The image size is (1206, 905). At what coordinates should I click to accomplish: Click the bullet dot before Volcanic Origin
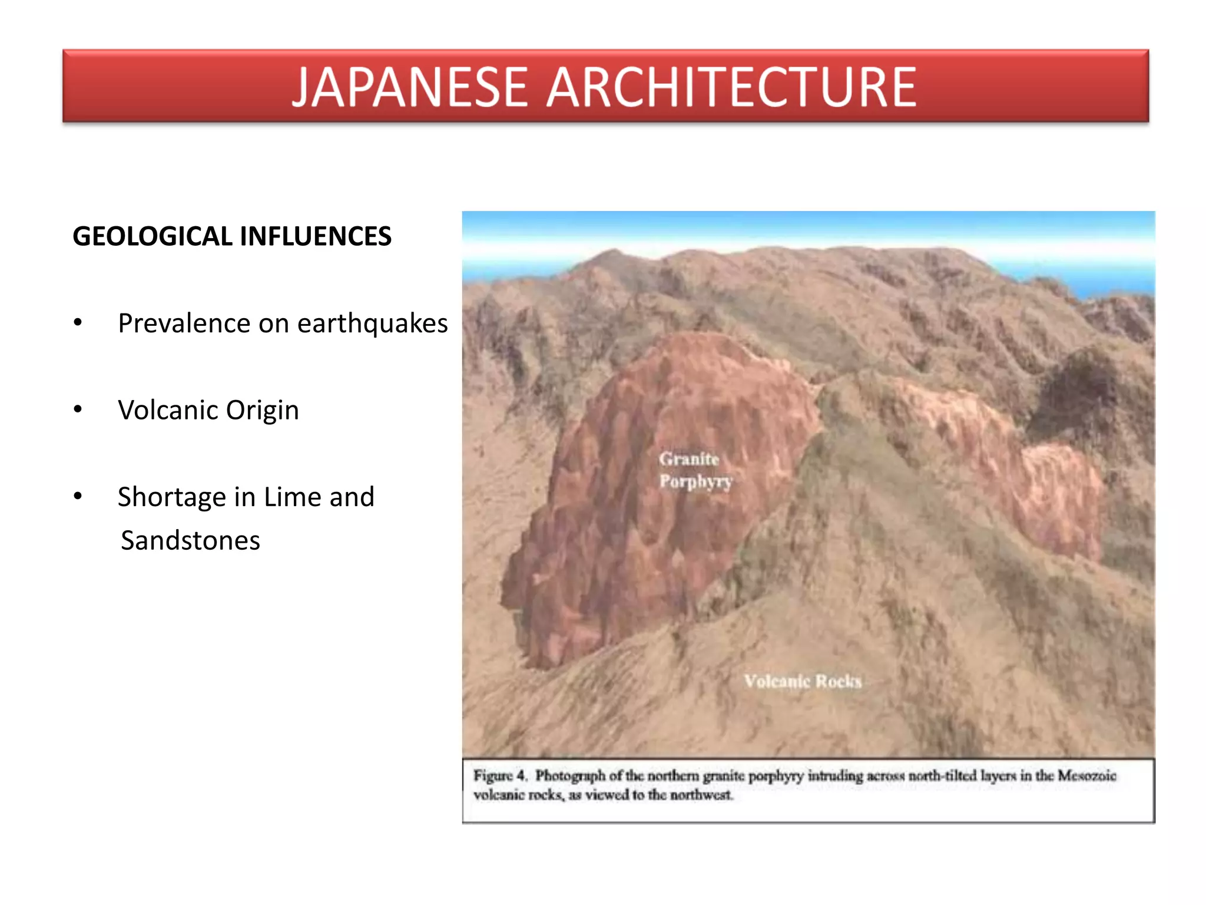click(78, 409)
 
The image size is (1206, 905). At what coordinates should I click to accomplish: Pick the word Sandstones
click(190, 540)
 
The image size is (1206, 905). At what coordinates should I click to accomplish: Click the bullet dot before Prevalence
click(78, 322)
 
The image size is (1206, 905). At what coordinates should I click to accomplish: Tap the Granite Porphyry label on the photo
click(695, 470)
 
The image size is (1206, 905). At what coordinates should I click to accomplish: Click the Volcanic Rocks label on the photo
click(803, 682)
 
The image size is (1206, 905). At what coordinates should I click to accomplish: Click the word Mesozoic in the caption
click(1086, 775)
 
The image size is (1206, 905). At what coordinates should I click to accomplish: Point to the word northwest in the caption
click(701, 795)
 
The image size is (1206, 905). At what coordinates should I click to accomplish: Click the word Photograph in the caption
click(570, 775)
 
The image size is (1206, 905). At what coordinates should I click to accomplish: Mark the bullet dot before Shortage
click(78, 496)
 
